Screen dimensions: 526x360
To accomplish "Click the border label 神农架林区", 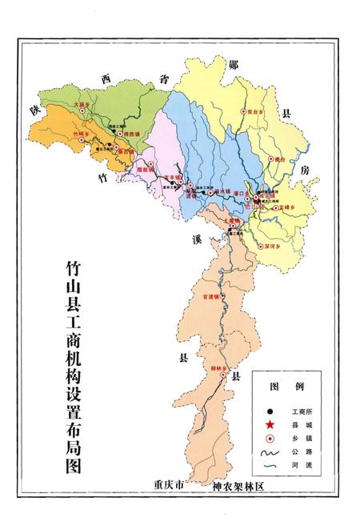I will pyautogui.click(x=238, y=486).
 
